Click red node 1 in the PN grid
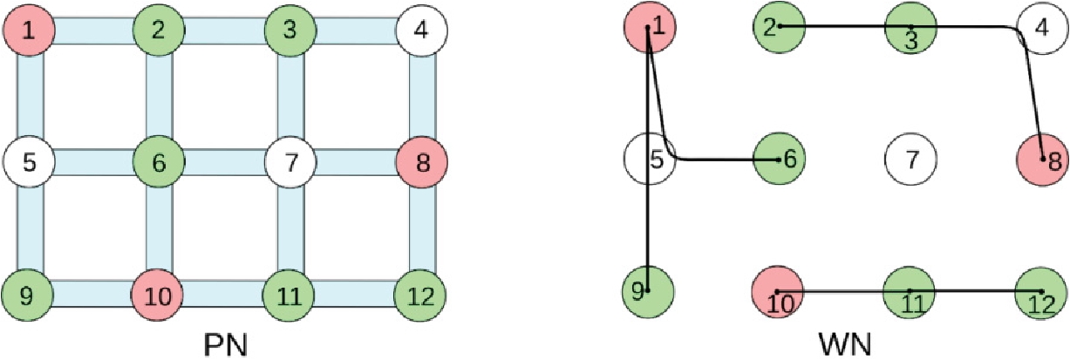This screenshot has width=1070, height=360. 29,31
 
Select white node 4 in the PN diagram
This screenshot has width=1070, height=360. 421,31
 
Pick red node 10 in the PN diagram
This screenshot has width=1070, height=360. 159,295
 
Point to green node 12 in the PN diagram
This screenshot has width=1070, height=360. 421,295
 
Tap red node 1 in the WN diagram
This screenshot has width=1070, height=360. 650,27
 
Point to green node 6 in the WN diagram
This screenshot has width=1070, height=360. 779,159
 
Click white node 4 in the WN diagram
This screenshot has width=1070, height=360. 1043,27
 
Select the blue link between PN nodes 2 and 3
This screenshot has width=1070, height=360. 224,31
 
